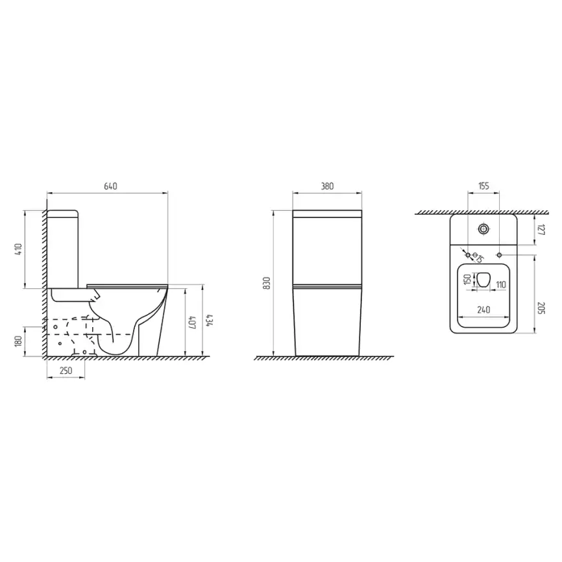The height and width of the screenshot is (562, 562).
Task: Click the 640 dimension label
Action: click(x=110, y=186)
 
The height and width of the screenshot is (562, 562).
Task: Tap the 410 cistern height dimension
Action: click(x=18, y=249)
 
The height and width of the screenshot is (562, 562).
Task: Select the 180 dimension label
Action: click(x=18, y=341)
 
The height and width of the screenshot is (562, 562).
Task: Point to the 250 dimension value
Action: click(x=66, y=371)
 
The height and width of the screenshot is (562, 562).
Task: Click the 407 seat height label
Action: click(x=192, y=323)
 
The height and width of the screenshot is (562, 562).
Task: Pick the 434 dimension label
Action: click(x=210, y=321)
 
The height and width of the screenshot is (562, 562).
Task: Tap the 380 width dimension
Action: click(x=327, y=186)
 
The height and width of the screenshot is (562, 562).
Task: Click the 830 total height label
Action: click(x=266, y=283)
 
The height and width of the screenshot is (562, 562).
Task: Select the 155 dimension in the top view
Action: click(x=483, y=186)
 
